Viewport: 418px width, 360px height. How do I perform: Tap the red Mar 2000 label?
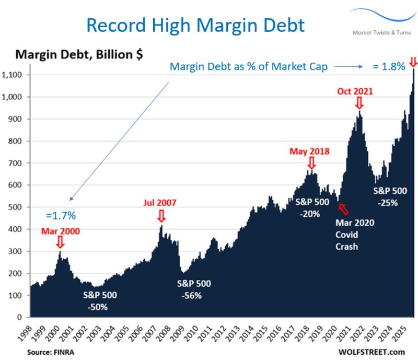point(60,230)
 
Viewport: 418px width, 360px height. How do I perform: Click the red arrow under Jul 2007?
point(161,215)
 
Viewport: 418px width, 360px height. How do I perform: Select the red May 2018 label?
point(310,152)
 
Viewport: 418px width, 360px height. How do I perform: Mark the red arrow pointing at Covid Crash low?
point(343,209)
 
